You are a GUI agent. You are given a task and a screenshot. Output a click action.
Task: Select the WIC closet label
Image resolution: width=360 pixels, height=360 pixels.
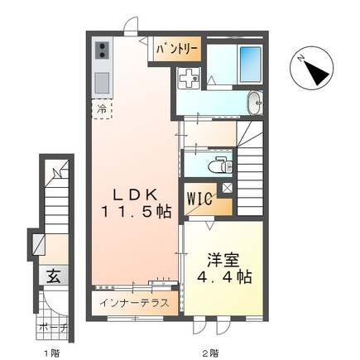point(200,199)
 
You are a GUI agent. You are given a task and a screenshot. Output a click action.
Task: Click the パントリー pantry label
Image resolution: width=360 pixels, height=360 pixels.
point(177,49)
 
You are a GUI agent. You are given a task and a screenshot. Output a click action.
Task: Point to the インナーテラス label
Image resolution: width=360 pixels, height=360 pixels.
point(134,303)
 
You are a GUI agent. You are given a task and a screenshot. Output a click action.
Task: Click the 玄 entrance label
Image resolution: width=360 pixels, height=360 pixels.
point(54,276)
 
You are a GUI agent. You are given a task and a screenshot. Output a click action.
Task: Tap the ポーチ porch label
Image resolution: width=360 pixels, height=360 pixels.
point(53,328)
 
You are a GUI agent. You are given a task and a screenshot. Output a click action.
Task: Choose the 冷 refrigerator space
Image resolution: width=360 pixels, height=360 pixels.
point(102,110)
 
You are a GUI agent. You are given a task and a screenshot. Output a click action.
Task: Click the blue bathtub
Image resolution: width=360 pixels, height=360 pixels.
point(250,64)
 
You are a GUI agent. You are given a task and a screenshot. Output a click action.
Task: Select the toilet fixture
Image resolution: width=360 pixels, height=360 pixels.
point(221,165)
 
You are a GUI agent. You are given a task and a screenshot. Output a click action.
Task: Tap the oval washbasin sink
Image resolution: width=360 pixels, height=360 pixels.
point(255,103)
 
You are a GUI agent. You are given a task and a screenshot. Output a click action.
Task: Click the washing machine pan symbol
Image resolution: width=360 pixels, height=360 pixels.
point(189,78)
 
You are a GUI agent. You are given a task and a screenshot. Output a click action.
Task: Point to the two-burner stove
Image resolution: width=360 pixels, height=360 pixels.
point(102,50)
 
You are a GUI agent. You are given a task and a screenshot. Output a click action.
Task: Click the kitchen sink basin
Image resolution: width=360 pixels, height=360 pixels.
point(102,83)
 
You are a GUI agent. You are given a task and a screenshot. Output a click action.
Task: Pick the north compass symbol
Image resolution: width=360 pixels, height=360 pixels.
point(311,68)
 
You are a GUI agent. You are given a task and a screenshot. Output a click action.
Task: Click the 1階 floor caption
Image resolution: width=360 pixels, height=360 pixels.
point(51,353)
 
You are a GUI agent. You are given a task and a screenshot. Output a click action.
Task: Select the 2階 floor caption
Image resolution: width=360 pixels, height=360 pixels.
point(210,353)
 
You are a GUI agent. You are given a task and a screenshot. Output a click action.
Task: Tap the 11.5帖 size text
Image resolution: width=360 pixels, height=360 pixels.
point(136,212)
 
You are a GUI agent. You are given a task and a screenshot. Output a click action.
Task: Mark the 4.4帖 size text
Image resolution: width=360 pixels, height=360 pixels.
point(224,277)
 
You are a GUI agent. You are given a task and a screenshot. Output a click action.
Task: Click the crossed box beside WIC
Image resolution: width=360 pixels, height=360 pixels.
point(228,188)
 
